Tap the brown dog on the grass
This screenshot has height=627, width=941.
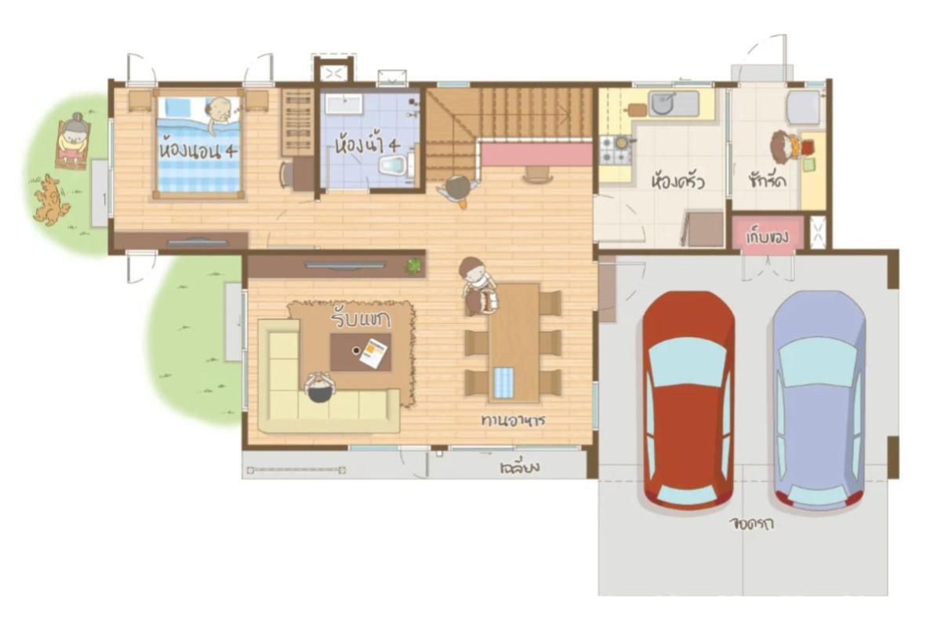pos(50,200)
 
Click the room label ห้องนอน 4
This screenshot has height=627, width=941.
pos(198,148)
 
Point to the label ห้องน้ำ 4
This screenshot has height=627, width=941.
pos(367,145)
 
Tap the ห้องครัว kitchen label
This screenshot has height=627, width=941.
pos(677,183)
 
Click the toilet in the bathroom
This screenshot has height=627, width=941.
pos(392,165)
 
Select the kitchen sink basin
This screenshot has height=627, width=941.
pos(663,103)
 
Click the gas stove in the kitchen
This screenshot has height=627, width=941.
pos(616,149)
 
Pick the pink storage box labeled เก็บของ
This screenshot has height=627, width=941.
pos(768,234)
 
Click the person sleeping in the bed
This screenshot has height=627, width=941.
pos(220,112)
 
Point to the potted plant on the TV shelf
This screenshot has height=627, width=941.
pos(412,266)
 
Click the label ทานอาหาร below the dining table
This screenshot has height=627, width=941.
pos(513,420)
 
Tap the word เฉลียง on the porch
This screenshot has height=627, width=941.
pos(519,468)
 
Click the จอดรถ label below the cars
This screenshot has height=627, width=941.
pos(750,523)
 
